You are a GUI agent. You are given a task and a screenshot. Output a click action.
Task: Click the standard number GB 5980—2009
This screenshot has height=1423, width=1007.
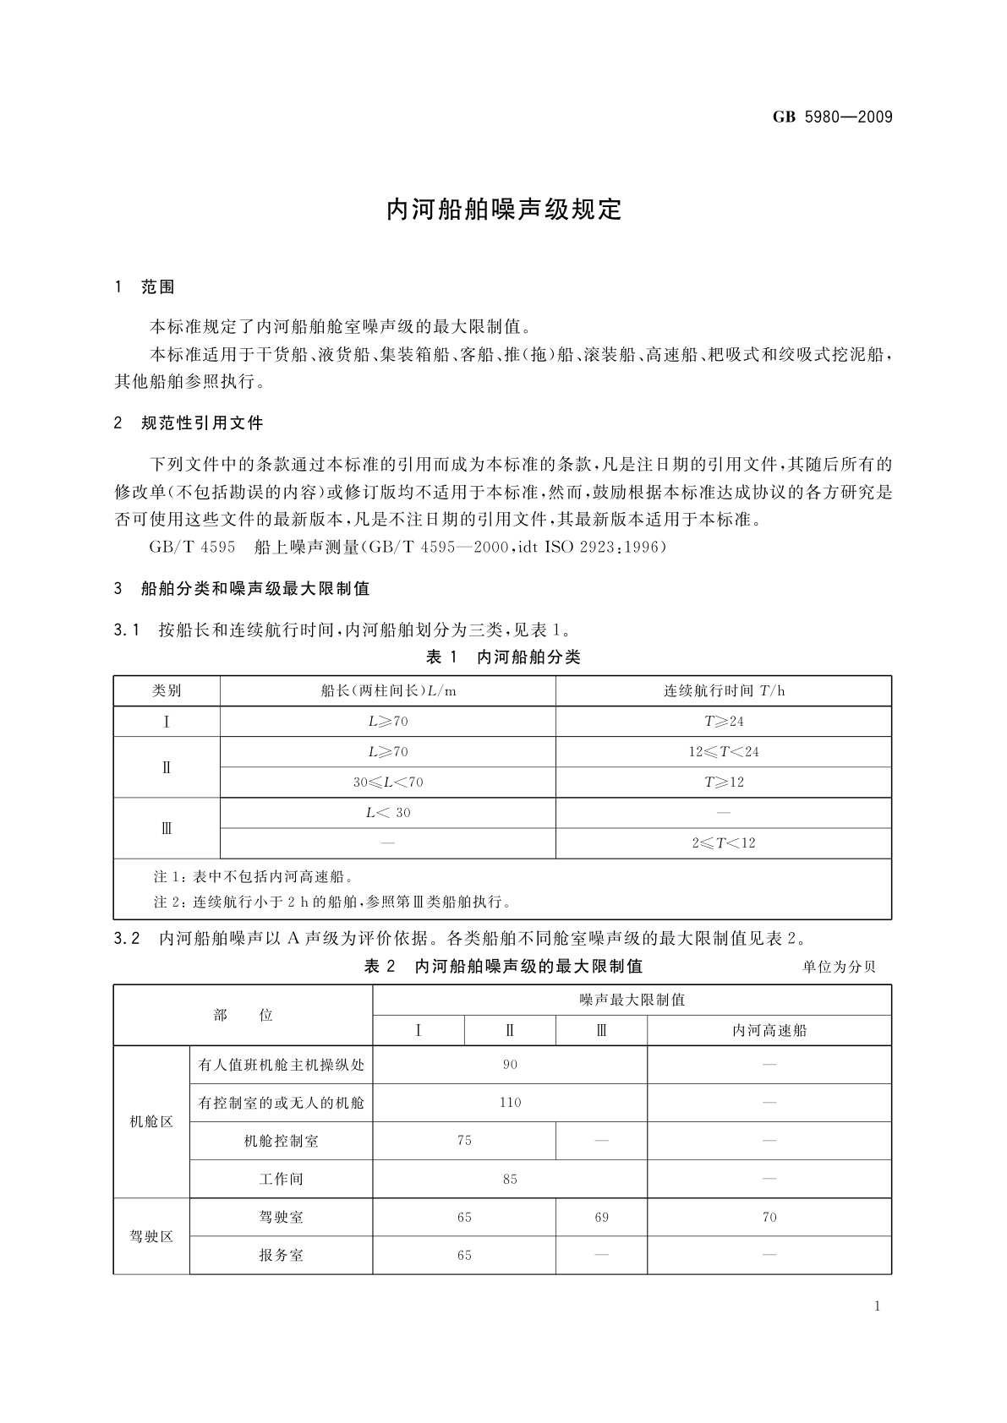coord(832,117)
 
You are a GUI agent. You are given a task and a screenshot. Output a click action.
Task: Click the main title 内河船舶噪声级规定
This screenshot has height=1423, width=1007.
coord(504,210)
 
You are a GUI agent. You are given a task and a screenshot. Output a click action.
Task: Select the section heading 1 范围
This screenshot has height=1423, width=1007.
coord(145,287)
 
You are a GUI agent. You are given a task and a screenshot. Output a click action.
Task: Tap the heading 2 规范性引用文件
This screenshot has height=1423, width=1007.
coord(189,423)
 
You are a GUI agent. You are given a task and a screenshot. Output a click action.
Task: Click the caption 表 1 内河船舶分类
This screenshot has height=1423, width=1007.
coord(503,657)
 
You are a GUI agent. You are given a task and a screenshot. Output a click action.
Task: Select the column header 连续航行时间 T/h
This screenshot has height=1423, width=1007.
coord(724,691)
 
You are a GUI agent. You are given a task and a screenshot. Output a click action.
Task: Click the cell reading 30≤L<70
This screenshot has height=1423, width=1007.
coord(388,782)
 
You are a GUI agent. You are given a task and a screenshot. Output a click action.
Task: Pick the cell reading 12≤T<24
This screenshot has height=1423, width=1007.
coord(724,752)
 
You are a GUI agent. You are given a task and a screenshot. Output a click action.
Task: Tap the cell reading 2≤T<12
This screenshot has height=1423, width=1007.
coord(724,843)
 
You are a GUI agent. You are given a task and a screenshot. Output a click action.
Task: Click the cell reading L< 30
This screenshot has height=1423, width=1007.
coord(388,813)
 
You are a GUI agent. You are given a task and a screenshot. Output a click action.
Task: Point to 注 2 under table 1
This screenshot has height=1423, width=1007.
coord(332,902)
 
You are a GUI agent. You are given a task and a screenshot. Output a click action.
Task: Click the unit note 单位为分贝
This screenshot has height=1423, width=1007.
coord(839,968)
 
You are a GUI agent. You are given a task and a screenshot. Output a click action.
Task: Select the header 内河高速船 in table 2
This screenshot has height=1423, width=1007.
coord(769,1031)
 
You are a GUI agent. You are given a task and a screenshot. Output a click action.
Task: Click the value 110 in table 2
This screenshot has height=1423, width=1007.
coord(510,1103)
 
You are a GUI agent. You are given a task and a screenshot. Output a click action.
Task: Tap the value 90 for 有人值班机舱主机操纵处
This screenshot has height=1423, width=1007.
coord(510,1065)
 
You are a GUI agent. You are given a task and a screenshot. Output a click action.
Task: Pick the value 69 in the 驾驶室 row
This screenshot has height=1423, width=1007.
coord(601,1218)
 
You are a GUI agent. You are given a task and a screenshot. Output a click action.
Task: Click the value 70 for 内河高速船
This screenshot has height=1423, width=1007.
coord(769,1218)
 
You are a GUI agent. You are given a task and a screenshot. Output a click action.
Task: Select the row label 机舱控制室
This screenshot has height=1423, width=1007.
coord(281,1142)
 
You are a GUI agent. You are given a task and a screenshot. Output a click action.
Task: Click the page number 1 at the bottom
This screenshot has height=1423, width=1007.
coord(878,1306)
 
